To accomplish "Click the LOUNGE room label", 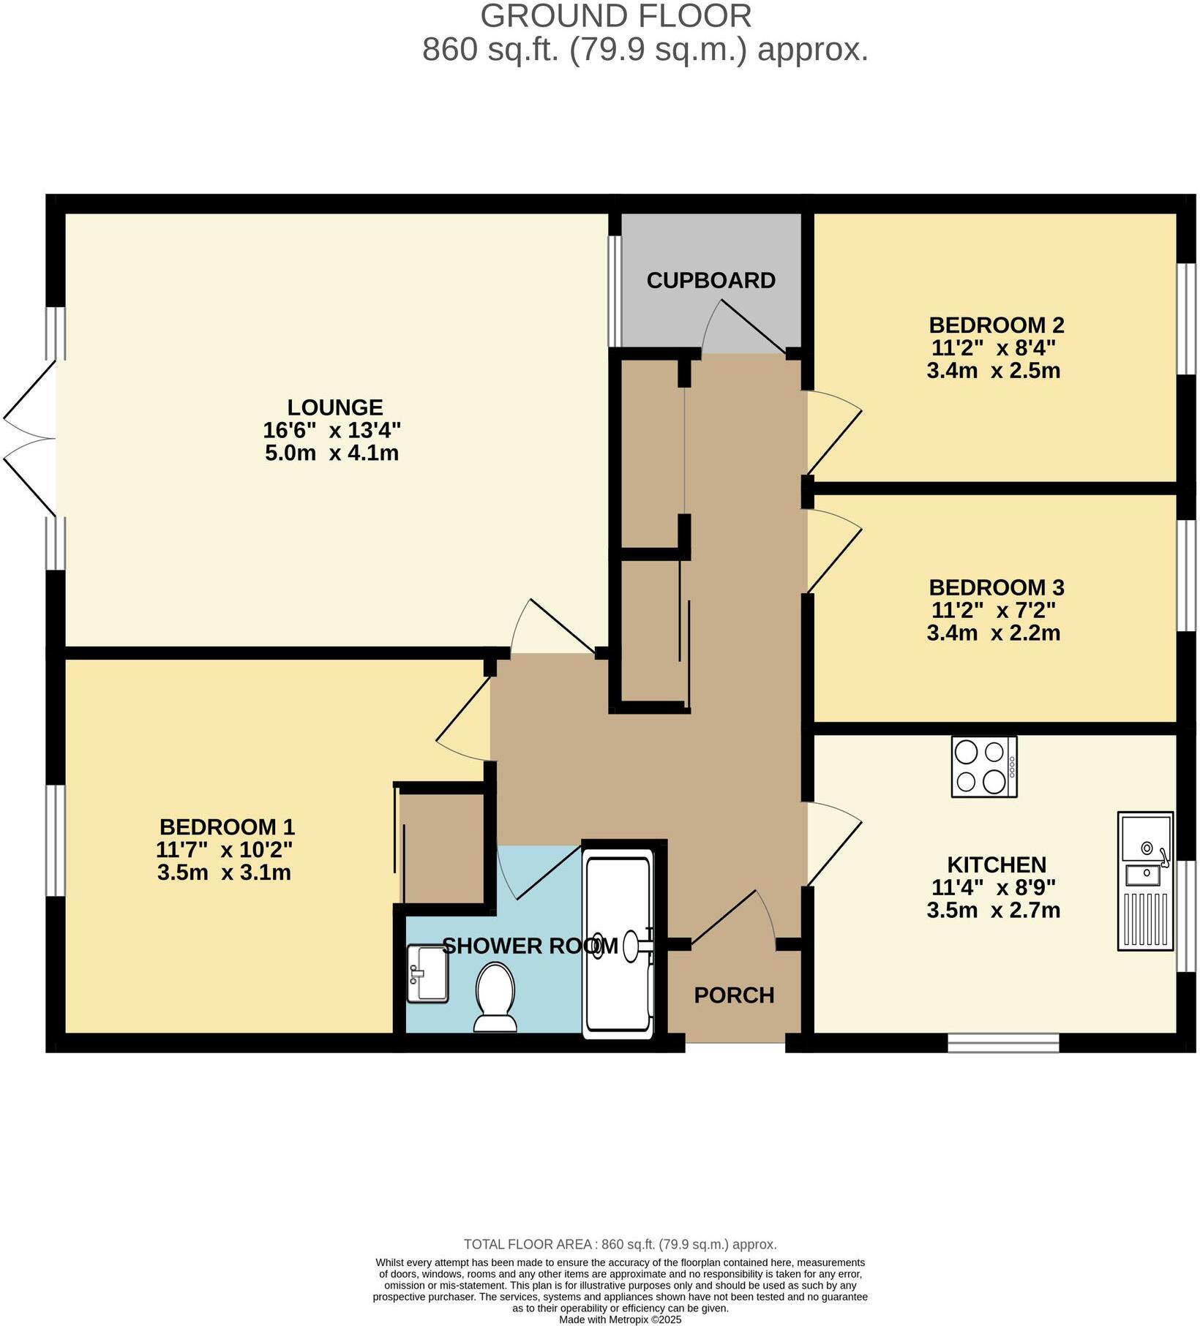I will coord(334,407).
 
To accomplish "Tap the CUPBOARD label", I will coord(710,280).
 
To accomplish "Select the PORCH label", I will coord(734,995).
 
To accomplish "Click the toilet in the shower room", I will coord(495,996).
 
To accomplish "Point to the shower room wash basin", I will coord(427,973).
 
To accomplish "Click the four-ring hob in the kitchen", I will coord(983,766).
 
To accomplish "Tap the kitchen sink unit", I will coord(1145,881).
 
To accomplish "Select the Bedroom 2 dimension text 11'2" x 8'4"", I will coord(993,347).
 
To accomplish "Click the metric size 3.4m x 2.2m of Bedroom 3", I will coord(993,633).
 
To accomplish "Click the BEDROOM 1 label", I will coord(227,827).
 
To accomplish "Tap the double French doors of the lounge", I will coord(29,439).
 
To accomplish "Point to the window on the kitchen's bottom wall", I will coord(1003,1042).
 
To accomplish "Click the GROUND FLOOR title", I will coord(615,16).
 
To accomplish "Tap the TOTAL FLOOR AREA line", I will coord(620,1244).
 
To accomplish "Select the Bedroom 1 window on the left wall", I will coord(56,840).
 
